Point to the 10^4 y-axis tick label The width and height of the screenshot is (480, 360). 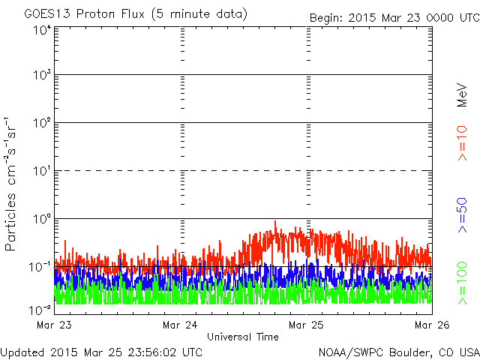[41, 30]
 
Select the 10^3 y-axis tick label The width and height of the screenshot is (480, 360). [41, 76]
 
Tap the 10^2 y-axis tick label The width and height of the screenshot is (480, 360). [41, 124]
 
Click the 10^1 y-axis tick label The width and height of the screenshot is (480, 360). [41, 172]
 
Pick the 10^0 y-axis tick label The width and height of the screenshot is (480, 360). [41, 220]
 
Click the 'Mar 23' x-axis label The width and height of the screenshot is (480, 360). [54, 325]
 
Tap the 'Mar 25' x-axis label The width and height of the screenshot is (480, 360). [307, 325]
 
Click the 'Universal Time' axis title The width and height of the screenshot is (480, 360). [243, 337]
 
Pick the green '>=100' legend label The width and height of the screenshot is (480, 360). [462, 283]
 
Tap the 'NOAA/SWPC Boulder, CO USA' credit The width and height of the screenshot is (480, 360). [397, 352]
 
